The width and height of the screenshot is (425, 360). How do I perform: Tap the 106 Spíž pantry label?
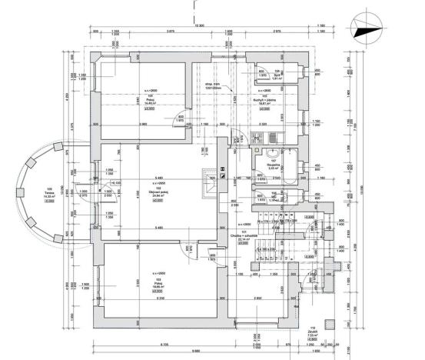click(278, 77)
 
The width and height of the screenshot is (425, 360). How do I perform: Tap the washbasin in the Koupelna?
click(273, 153)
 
